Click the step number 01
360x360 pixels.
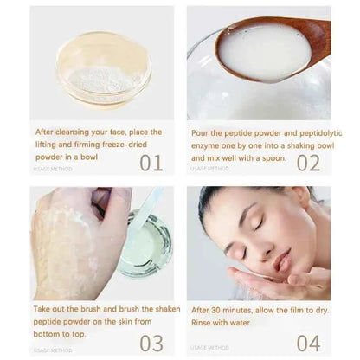click(151, 162)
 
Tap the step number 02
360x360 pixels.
click(308, 162)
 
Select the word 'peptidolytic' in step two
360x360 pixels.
click(315, 132)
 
